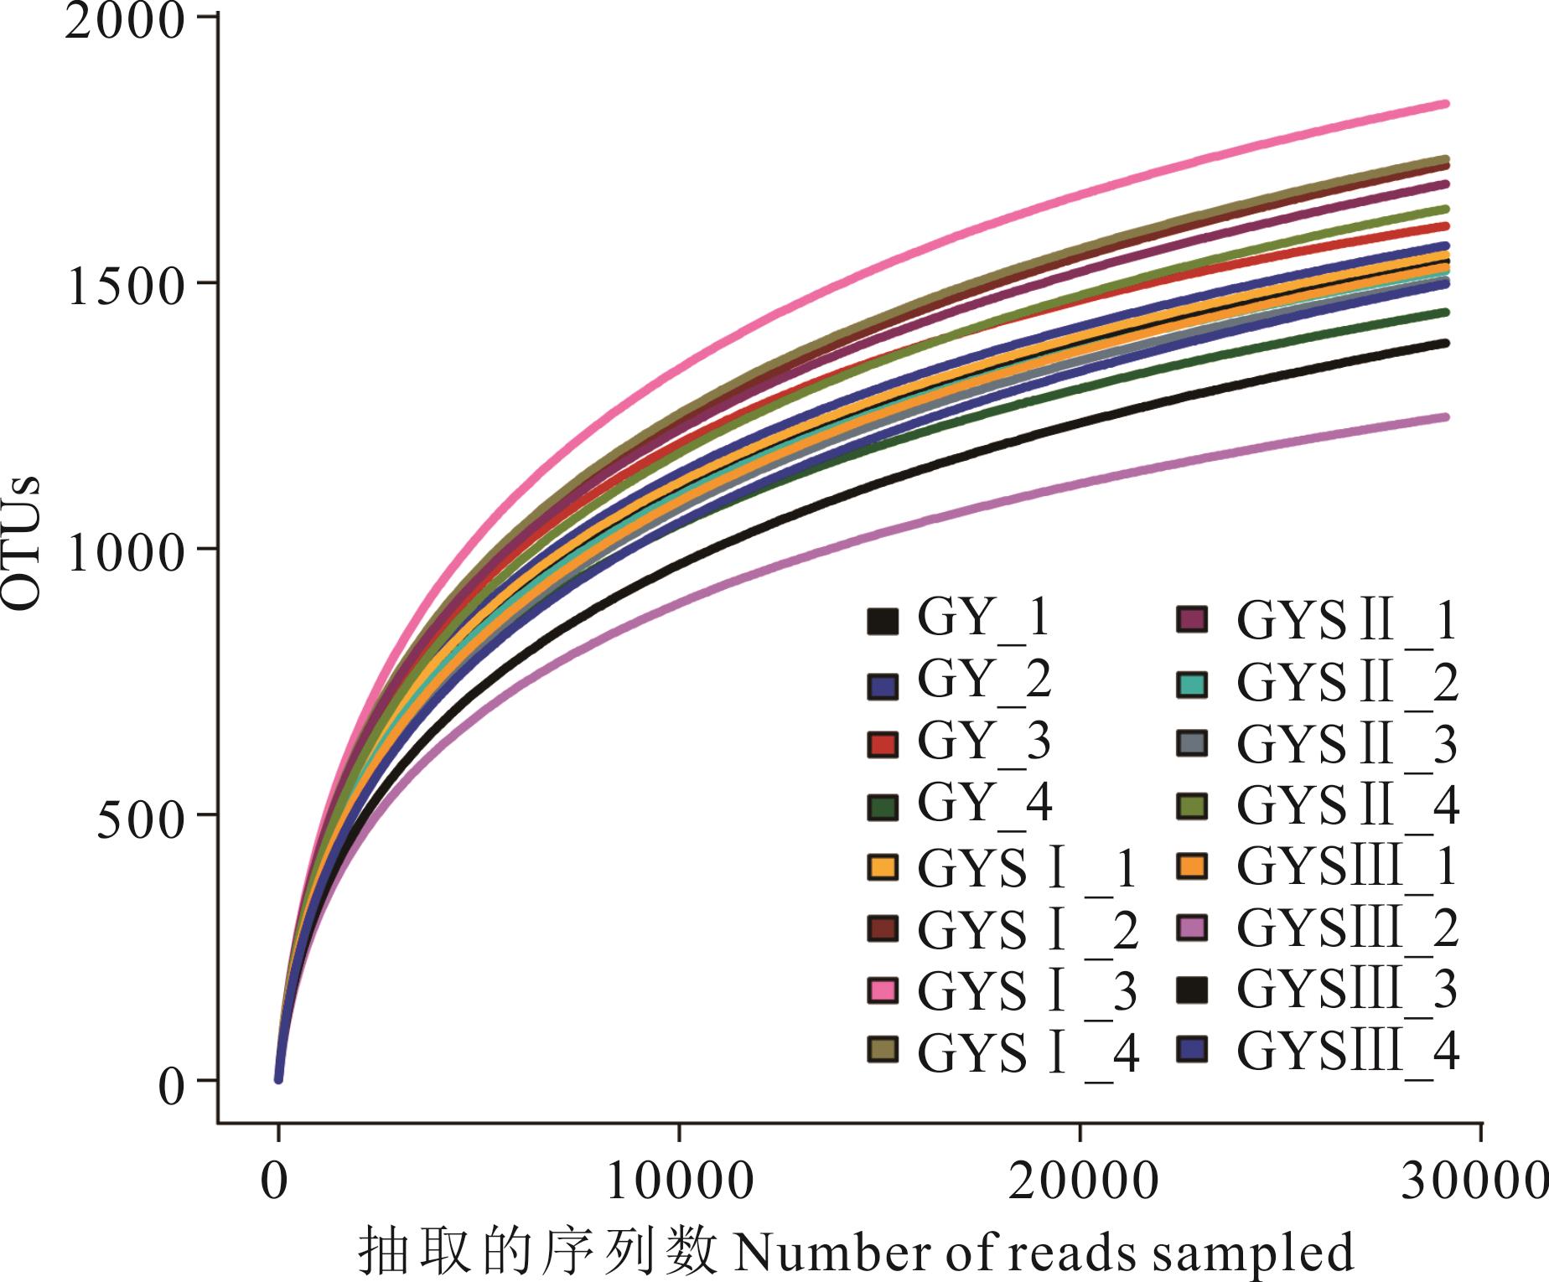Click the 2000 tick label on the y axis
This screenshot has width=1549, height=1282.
pyautogui.click(x=123, y=23)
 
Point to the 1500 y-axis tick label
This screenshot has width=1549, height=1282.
pyautogui.click(x=125, y=288)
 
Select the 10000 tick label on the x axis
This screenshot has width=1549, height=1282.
pyautogui.click(x=679, y=1182)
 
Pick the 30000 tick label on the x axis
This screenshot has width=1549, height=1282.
pyautogui.click(x=1475, y=1182)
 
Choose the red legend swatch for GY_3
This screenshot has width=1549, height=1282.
pyautogui.click(x=883, y=744)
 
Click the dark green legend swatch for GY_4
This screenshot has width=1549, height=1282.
pyautogui.click(x=883, y=806)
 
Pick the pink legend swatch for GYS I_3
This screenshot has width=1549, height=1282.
pyautogui.click(x=883, y=990)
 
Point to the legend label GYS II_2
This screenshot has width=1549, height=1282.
pyautogui.click(x=1347, y=684)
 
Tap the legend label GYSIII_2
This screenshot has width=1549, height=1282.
pyautogui.click(x=1347, y=928)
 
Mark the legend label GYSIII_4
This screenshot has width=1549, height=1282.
pyautogui.click(x=1347, y=1052)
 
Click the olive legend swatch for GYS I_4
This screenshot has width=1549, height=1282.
pyautogui.click(x=883, y=1051)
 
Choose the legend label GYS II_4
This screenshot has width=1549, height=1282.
pyautogui.click(x=1347, y=806)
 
